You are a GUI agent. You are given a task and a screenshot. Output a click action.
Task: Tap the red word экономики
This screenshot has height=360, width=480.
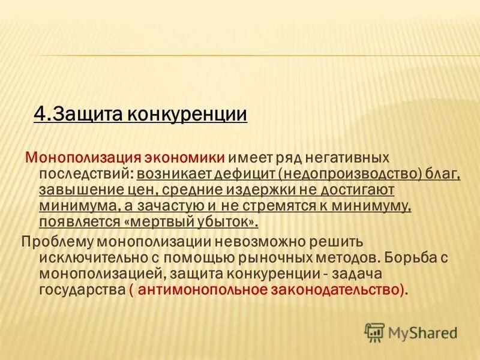pyautogui.click(x=185, y=157)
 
